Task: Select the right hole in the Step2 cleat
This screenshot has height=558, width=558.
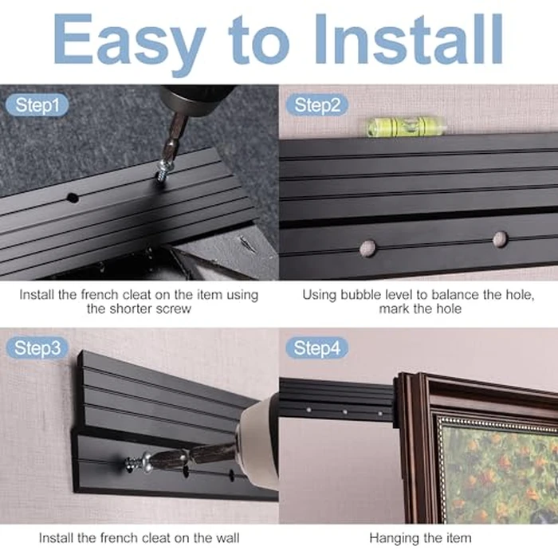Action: tap(500, 238)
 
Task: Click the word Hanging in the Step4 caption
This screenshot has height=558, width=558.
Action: tap(391, 538)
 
